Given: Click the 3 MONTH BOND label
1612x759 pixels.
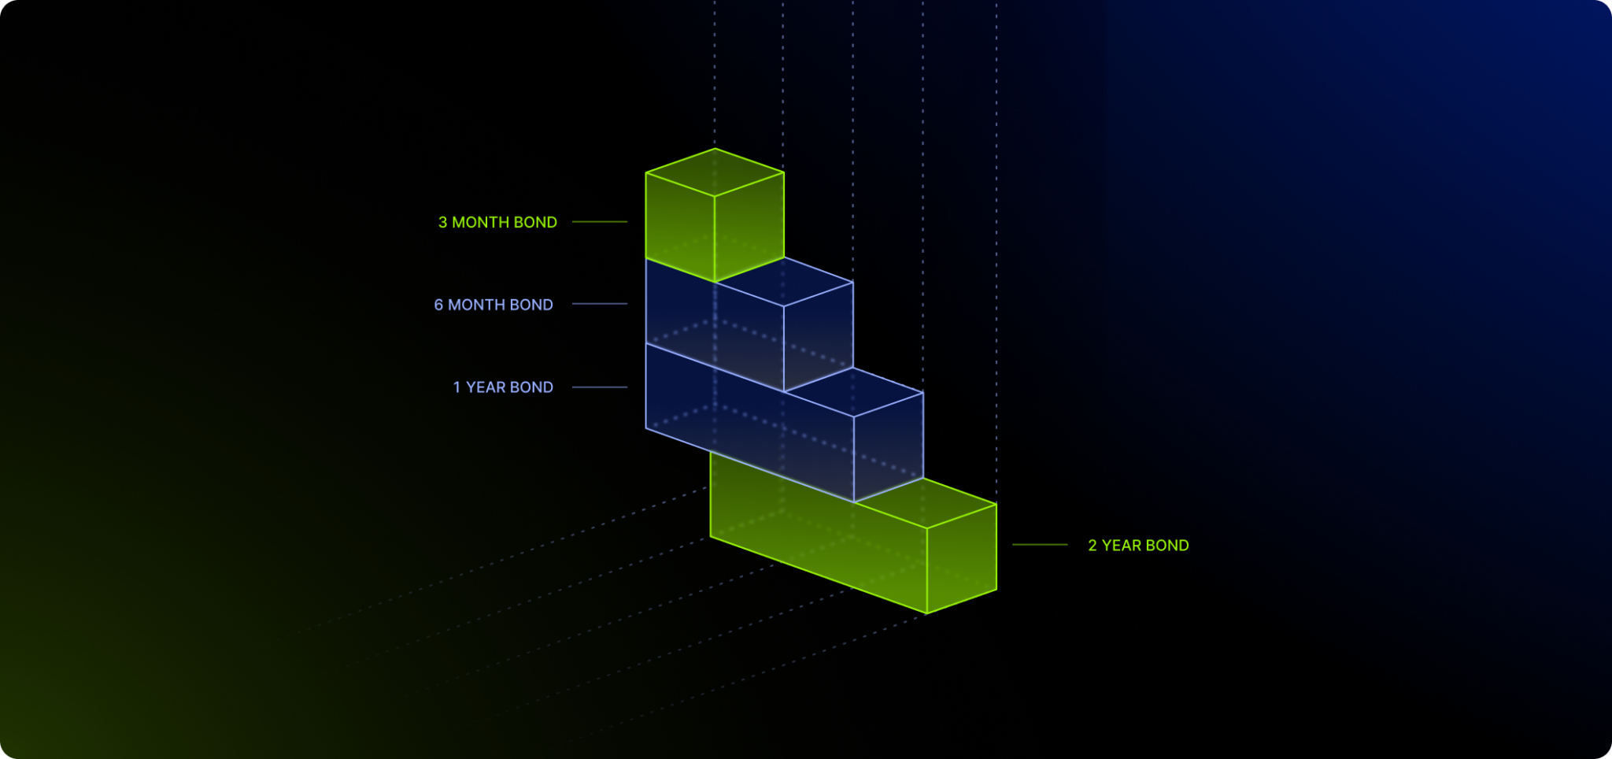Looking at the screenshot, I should click(497, 223).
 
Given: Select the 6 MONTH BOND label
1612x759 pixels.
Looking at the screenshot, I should click(494, 305).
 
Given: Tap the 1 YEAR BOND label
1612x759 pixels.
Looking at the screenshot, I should click(503, 387).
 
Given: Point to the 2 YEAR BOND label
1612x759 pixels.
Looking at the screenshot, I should click(1138, 546).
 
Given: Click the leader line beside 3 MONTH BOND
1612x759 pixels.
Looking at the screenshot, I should click(600, 222).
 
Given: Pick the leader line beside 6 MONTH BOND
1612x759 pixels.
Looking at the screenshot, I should click(600, 304).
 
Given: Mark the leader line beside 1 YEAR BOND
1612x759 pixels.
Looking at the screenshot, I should click(600, 387).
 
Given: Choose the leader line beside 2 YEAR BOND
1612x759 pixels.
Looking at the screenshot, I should click(1040, 545).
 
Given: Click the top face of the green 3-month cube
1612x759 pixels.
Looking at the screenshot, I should click(715, 172).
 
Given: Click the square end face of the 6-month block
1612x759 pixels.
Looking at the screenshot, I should click(819, 337).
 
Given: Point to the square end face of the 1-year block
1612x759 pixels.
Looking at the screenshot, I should click(889, 447).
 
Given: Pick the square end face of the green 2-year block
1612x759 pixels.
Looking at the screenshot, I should click(962, 559).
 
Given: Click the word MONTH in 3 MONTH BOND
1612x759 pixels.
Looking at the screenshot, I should click(480, 223).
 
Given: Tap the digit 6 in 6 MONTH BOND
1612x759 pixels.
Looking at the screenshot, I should click(438, 305).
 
